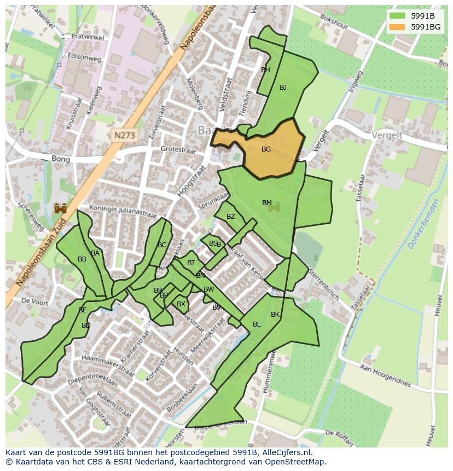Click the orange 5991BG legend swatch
click(398, 27)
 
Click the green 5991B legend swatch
click(398, 15)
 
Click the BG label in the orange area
click(266, 149)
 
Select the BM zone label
click(266, 203)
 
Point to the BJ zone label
click(283, 88)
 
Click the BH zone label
click(265, 70)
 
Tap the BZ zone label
click(230, 217)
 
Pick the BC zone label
click(161, 245)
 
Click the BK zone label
click(275, 315)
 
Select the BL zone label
click(257, 324)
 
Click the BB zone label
click(82, 259)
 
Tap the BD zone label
click(86, 325)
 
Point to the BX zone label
click(181, 304)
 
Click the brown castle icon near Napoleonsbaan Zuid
click(60, 208)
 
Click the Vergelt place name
click(387, 135)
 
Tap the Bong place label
click(61, 160)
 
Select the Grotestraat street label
click(178, 149)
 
